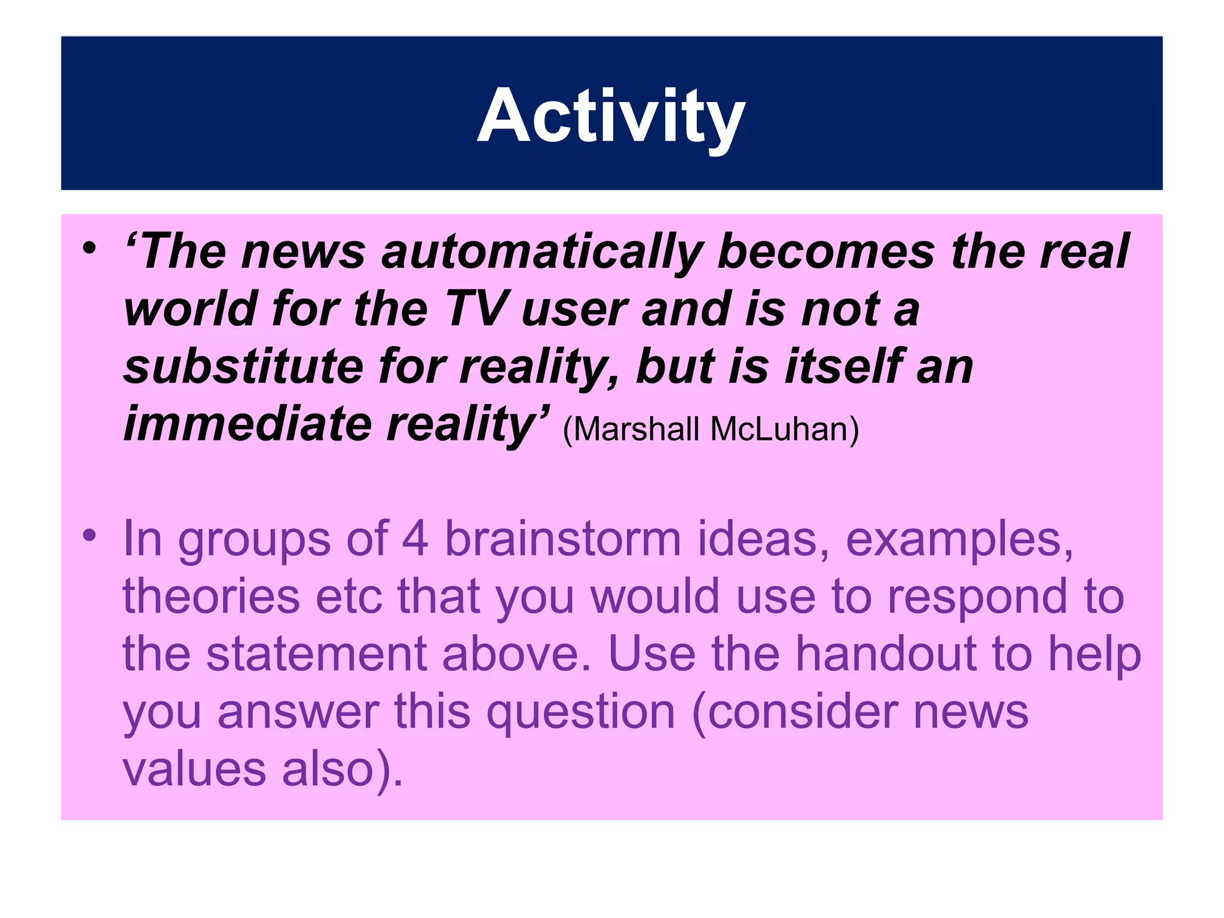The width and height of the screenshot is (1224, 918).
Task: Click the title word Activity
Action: coord(611,116)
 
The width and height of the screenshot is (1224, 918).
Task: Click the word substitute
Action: coord(243,366)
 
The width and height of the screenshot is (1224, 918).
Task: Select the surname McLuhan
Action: coord(784,429)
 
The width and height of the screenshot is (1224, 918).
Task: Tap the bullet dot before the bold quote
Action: coord(90,247)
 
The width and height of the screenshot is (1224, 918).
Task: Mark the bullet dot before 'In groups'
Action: coord(90,534)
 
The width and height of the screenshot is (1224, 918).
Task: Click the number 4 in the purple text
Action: coord(415,538)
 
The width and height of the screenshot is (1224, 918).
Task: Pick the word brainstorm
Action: coord(562,538)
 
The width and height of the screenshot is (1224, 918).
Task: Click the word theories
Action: coord(211,596)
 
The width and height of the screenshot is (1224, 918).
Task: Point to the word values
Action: coord(194,769)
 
